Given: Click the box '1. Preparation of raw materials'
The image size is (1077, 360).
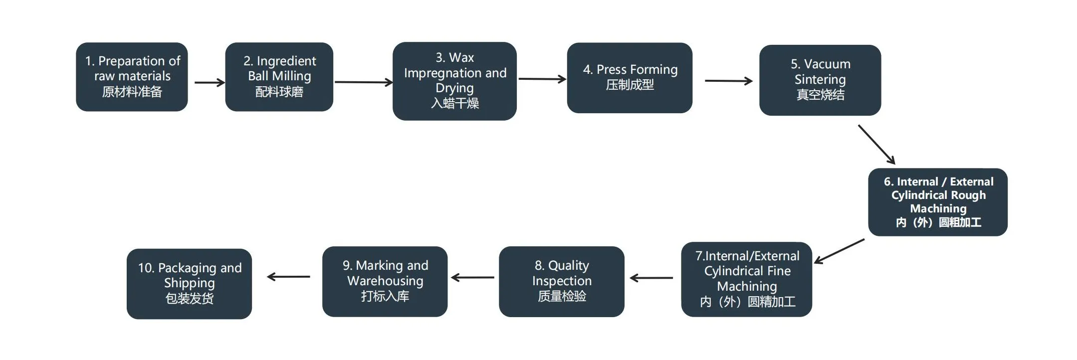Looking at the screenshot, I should coord(132,76).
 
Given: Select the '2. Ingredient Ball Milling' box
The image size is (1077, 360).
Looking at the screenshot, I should coord(279,76).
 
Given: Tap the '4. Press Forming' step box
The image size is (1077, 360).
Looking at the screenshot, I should coord(630,77).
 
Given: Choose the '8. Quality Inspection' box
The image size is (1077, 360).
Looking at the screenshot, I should coord(561,281).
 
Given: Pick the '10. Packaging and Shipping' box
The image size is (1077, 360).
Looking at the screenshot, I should coord(189,283).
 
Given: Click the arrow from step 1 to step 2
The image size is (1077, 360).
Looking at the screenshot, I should coord(209,83).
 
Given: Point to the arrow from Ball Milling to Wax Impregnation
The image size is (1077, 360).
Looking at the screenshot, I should coord(363,82).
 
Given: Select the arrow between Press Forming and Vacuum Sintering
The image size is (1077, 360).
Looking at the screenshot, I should coord(728,81).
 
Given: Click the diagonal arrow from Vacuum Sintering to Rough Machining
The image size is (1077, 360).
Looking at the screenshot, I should coord(876,144).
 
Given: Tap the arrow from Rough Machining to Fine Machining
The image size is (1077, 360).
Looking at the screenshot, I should coord(840,251).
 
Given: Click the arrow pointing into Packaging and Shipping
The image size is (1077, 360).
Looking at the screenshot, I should coord(288,277).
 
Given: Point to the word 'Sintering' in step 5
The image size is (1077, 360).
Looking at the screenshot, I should coord(820,79).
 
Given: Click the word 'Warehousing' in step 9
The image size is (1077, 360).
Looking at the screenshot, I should coord(385,281).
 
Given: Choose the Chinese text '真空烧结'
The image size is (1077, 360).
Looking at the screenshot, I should coord(820,95).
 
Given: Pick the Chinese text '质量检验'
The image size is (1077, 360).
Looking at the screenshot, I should coord(562,296).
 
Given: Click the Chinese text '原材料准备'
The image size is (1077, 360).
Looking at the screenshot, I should coord(132,92).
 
